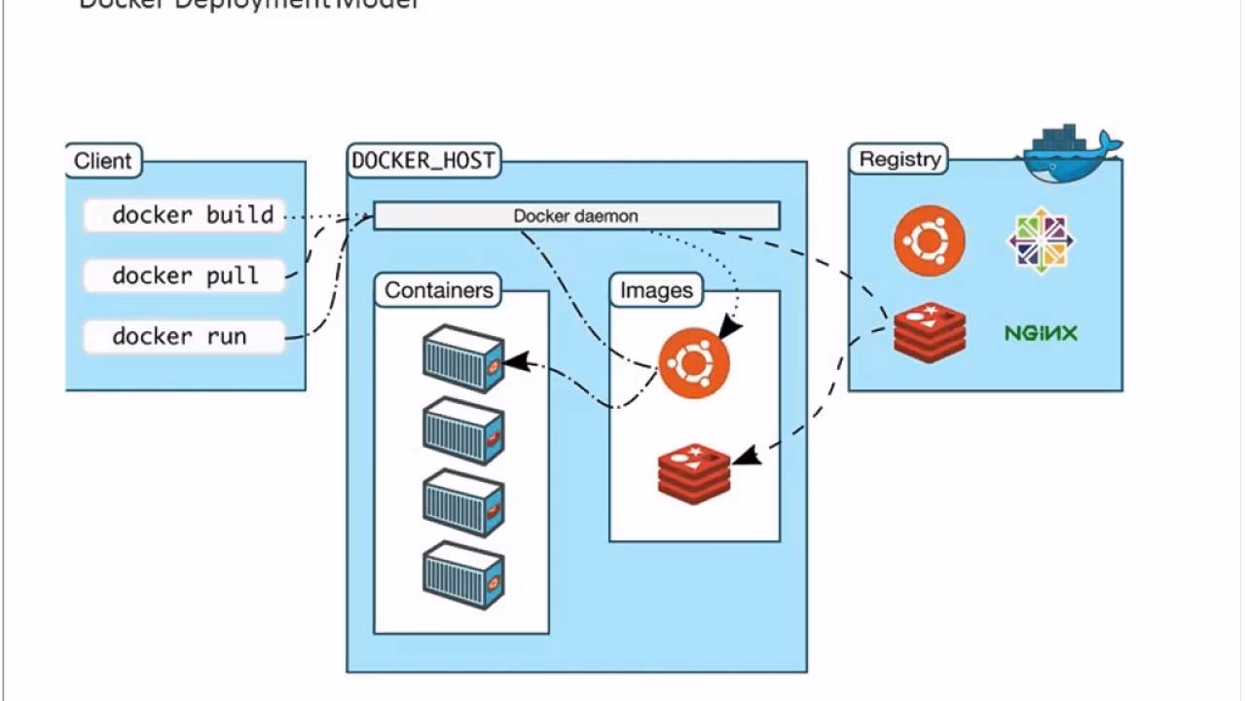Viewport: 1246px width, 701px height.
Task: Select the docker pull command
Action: (185, 276)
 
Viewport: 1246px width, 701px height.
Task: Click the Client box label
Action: (103, 161)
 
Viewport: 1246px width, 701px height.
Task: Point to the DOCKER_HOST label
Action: (423, 161)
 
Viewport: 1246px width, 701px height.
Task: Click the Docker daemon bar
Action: (576, 216)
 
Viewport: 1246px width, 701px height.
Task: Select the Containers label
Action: (438, 290)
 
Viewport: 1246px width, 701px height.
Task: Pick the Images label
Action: (656, 290)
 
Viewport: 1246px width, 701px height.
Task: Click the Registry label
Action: (899, 159)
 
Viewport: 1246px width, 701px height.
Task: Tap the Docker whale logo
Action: (1069, 154)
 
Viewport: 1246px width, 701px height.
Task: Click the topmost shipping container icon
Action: (463, 358)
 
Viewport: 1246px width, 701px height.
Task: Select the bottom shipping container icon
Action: (463, 575)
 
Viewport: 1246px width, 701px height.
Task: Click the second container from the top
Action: (463, 430)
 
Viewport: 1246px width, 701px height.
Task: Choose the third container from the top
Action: (463, 502)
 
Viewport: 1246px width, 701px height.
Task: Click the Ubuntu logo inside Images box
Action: (694, 363)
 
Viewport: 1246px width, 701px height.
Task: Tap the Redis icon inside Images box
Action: (694, 473)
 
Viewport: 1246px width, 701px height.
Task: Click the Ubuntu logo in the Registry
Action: (930, 240)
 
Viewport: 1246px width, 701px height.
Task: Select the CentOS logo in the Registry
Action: (1041, 240)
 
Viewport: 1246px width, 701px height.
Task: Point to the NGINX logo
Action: (1041, 333)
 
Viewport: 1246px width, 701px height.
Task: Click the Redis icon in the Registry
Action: (930, 332)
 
